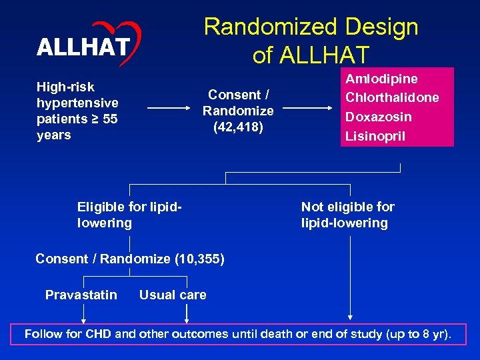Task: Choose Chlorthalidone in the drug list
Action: [392, 97]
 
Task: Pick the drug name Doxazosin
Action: [378, 117]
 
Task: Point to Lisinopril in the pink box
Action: [375, 136]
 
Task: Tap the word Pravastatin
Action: [81, 295]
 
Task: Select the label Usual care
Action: [173, 295]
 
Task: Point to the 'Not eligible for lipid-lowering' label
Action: [347, 215]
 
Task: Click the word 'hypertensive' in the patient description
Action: [77, 103]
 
